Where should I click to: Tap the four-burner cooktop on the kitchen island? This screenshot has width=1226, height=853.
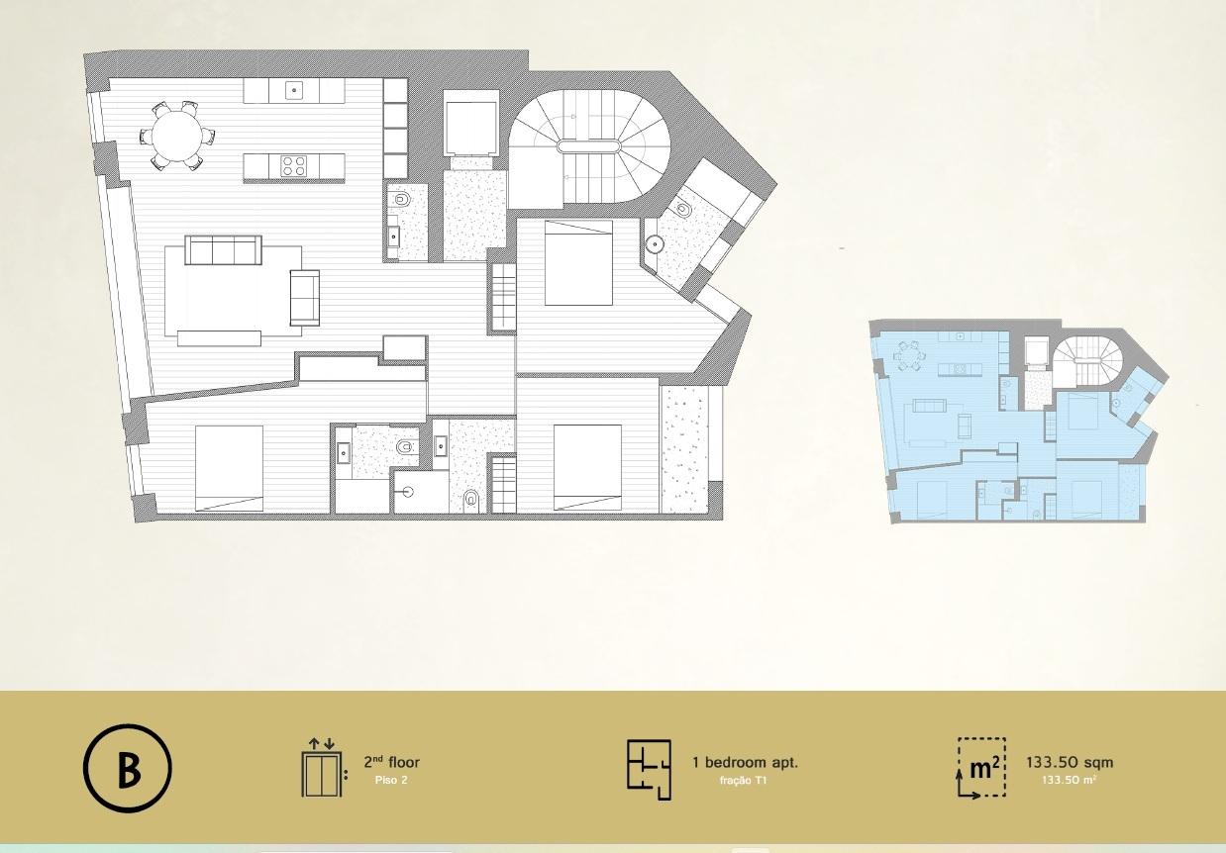coord(293,165)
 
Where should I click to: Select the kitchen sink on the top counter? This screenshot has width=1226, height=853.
coord(294,90)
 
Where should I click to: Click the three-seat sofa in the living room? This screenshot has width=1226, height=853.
coord(223,250)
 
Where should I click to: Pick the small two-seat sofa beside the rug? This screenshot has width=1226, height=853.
coord(304,298)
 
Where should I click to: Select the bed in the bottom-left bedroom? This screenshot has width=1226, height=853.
coord(229,468)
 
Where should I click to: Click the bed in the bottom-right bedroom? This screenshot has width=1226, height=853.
coord(587,467)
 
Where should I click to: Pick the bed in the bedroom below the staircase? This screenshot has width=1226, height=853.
coord(578,262)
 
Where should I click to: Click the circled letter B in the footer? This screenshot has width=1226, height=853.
coord(128,768)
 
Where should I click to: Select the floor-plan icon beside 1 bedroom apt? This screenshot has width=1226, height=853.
coord(649,769)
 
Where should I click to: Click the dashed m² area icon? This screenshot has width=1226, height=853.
coord(981,768)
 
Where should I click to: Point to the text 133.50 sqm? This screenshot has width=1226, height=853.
coord(1070,762)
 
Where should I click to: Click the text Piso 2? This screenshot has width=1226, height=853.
coord(391,781)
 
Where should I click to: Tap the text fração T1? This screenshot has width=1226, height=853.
coord(743,781)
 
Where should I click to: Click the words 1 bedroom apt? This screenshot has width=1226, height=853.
coord(745,762)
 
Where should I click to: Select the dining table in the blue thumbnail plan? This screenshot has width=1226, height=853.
coord(908,356)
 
